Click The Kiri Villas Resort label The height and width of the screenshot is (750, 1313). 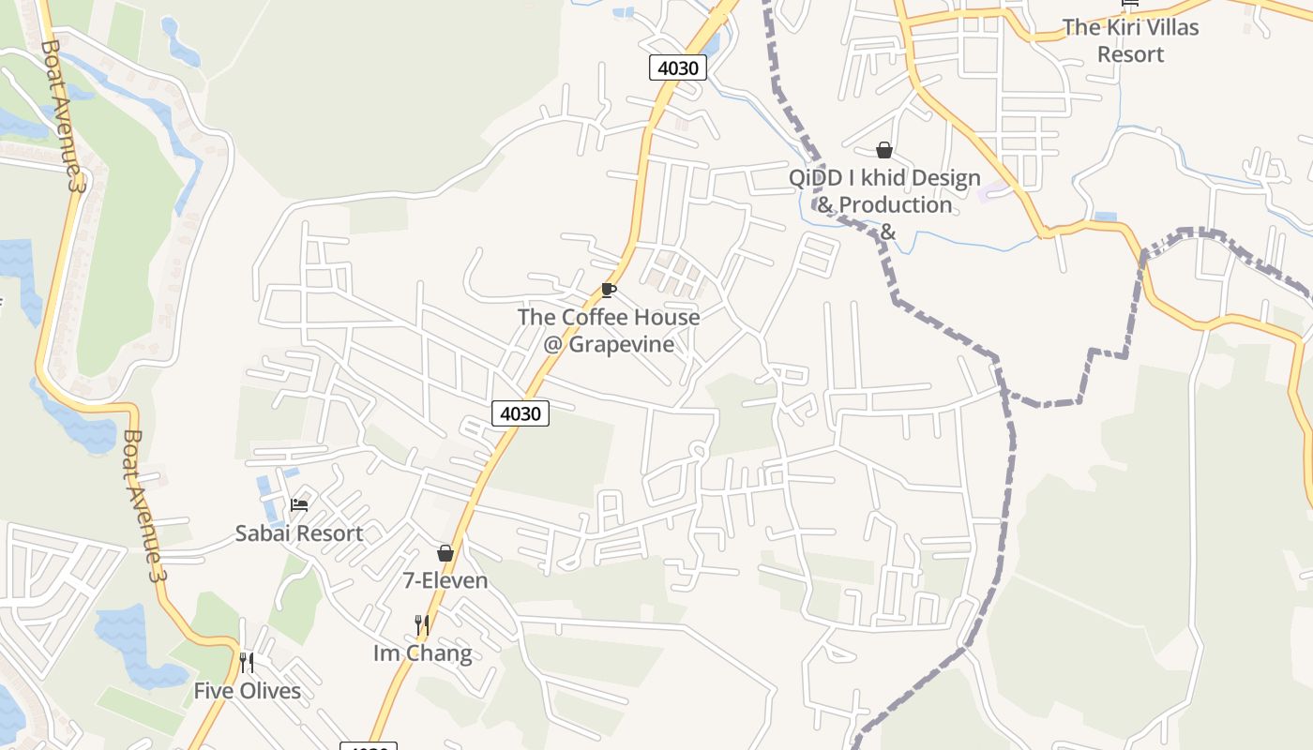[x=1130, y=40]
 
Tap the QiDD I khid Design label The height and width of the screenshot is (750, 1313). [x=884, y=178]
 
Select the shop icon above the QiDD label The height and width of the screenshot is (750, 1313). [x=883, y=150]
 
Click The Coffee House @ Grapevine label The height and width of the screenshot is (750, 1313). [x=609, y=330]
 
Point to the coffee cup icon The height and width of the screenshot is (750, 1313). [x=608, y=290]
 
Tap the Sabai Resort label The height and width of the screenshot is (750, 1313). [x=298, y=533]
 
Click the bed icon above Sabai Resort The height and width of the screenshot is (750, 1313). [x=299, y=505]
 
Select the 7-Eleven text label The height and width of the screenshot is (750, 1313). [x=445, y=580]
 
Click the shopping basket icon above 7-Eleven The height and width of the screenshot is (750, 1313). [x=445, y=553]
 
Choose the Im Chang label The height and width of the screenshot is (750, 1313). [x=422, y=652]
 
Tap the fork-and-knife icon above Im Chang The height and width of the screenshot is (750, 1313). [x=422, y=624]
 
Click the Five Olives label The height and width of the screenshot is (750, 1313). [x=248, y=691]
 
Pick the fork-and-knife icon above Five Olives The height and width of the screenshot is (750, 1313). [x=247, y=663]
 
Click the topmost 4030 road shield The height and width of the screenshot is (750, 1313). [x=677, y=67]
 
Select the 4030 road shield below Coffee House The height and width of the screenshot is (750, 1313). [x=520, y=412]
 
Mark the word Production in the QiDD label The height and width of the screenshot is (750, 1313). [x=896, y=204]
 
